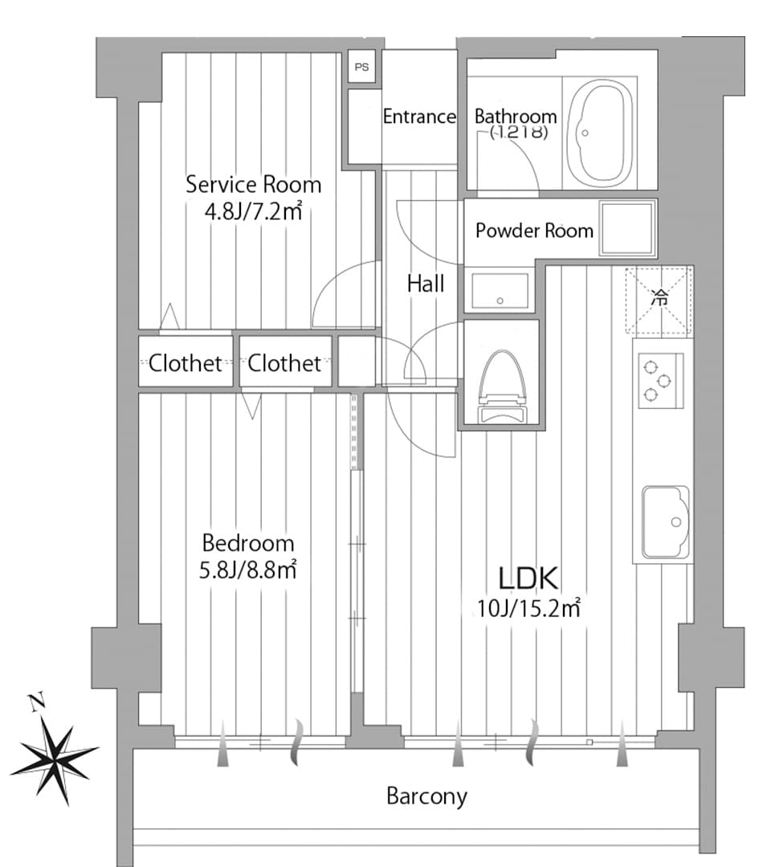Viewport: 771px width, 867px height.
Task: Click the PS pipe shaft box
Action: (x=362, y=67)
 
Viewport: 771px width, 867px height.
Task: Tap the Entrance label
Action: (x=418, y=117)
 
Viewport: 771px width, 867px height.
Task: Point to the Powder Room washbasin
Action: (x=500, y=291)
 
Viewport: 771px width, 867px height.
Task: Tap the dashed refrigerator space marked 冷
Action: (x=659, y=300)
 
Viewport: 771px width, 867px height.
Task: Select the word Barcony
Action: (x=426, y=796)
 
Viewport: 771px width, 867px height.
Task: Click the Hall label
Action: (x=425, y=283)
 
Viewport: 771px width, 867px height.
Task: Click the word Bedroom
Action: (x=247, y=543)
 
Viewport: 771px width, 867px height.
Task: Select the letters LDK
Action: (x=528, y=579)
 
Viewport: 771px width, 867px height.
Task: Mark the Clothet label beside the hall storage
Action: (x=284, y=363)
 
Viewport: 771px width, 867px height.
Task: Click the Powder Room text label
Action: (x=534, y=231)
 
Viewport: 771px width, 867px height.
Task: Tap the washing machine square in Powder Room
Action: (x=627, y=229)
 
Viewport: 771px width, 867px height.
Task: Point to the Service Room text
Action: (x=253, y=184)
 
